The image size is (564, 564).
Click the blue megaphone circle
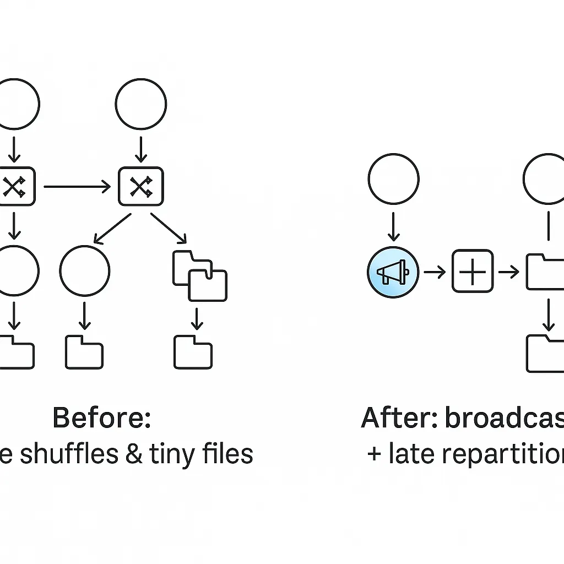393,272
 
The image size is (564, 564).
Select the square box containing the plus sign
473,271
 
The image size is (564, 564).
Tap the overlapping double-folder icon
199,276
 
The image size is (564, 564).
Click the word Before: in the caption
101,419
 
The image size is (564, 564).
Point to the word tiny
176,454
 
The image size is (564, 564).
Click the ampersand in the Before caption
133,454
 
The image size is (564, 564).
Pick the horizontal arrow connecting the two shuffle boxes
77,187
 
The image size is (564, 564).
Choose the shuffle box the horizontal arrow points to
140,187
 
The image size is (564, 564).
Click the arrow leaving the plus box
508,272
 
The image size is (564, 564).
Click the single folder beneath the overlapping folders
193,351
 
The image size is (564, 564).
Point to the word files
227,454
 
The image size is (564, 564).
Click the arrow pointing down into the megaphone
393,226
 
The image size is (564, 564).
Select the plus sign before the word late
375,455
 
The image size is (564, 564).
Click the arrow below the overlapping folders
195,318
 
